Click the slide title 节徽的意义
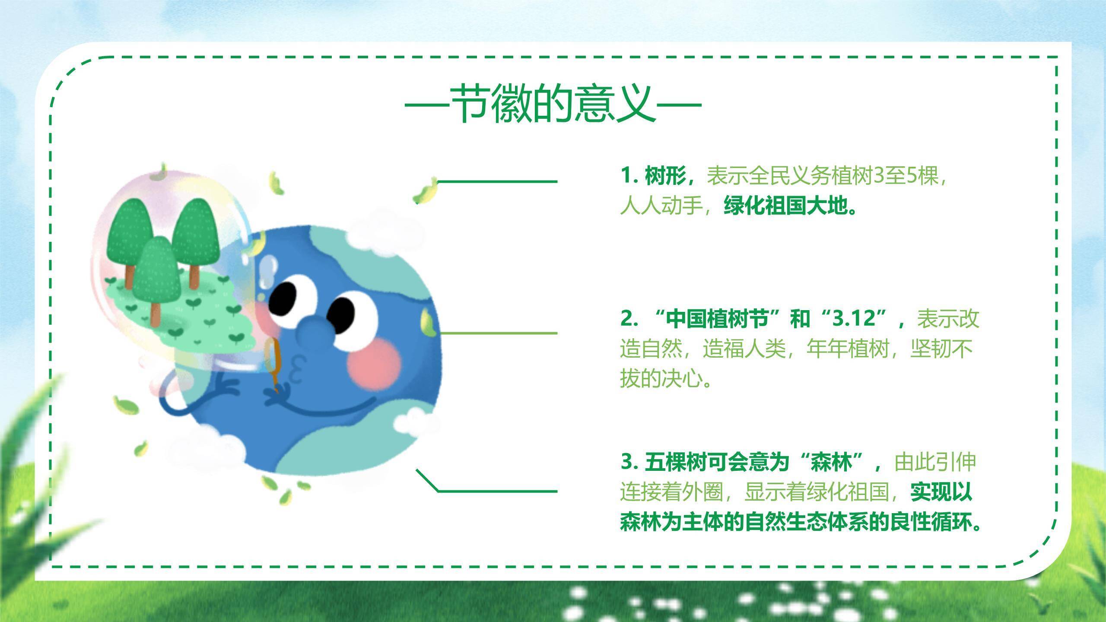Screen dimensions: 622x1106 tap(553, 105)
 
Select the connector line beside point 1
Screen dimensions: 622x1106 tap(497, 181)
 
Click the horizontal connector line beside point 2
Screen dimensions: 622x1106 tap(497, 333)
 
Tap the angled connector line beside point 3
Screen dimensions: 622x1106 tap(497, 491)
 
